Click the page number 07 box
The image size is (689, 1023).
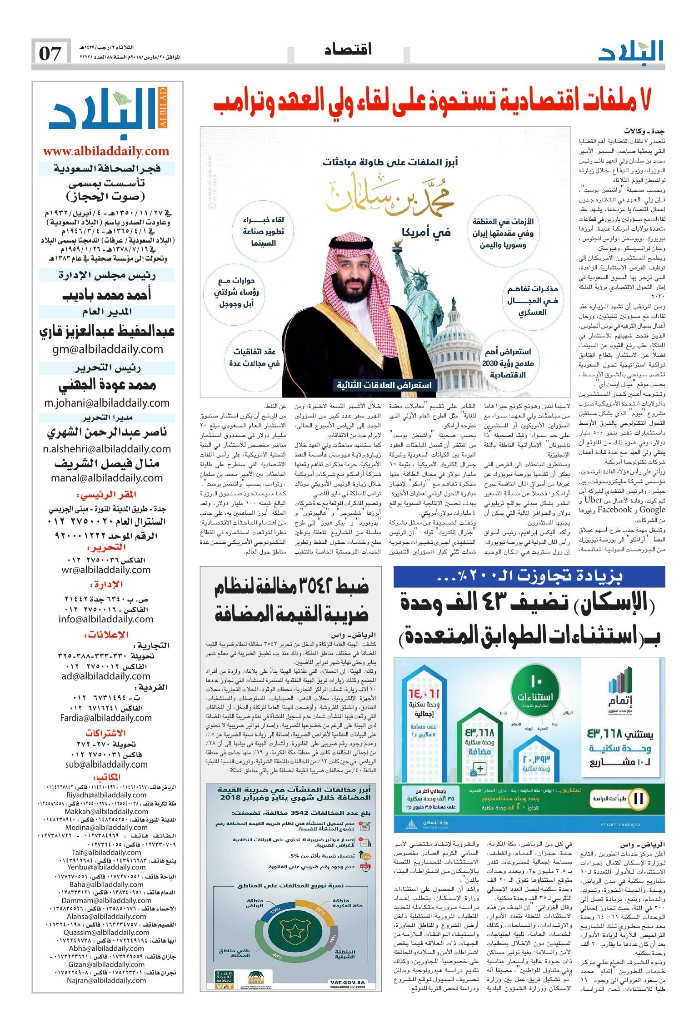(50, 54)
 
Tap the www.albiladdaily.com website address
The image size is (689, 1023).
(106, 151)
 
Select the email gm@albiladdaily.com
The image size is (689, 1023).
(107, 349)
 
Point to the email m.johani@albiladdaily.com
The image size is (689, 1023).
(107, 402)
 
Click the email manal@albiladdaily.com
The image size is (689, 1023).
(107, 477)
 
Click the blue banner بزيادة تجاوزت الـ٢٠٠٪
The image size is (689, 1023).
(529, 577)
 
